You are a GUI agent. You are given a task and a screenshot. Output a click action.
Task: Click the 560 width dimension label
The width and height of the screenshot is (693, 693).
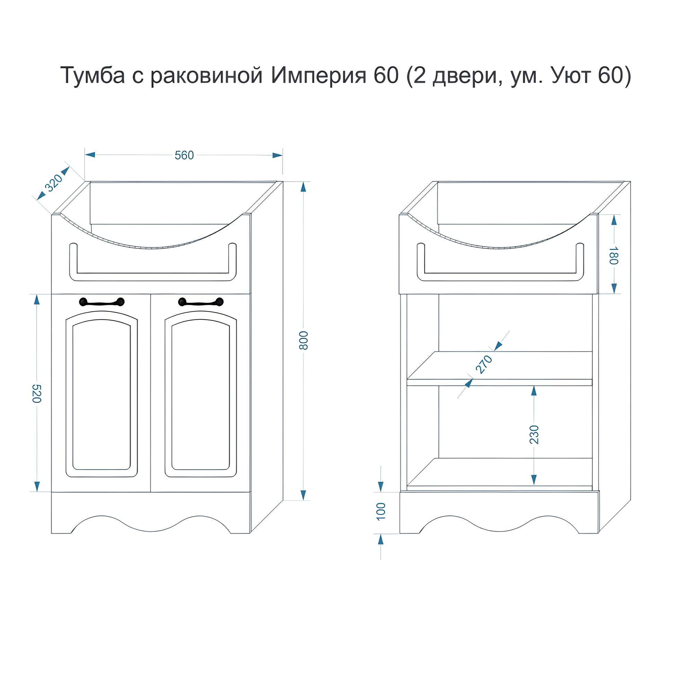point(184,155)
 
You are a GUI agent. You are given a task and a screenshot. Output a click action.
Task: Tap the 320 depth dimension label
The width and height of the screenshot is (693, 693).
point(53,183)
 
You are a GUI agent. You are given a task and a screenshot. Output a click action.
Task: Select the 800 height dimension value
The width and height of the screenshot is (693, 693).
point(303,340)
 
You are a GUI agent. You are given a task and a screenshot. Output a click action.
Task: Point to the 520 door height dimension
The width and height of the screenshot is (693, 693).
point(37,394)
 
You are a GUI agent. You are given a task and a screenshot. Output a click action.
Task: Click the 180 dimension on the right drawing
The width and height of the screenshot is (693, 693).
point(614,255)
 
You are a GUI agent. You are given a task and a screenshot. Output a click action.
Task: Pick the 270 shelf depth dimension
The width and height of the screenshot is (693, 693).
point(484,365)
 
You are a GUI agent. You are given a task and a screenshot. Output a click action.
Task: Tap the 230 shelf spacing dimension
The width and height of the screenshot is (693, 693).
point(534,435)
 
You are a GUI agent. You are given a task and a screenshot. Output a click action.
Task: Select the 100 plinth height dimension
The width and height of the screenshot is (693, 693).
point(381,511)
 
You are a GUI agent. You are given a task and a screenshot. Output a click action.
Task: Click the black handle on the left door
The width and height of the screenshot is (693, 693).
point(102,302)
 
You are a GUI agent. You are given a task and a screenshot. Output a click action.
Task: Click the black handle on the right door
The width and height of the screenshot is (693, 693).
point(201,302)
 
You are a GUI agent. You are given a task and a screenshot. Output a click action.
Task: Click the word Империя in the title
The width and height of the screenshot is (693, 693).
point(318,76)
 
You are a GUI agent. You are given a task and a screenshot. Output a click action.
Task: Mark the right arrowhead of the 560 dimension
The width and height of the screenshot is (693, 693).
point(277,155)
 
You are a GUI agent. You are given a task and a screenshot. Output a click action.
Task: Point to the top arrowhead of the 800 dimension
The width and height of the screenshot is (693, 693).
point(304,187)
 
